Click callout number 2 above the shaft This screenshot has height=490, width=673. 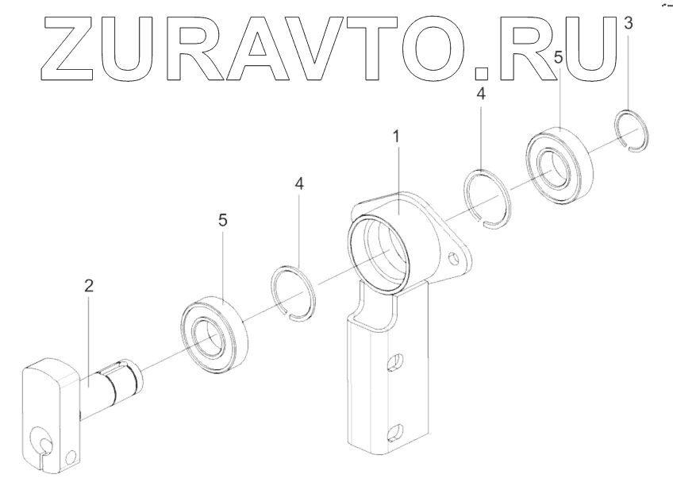click(x=89, y=287)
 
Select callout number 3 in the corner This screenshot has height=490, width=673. click(x=629, y=24)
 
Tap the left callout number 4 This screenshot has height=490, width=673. click(x=298, y=183)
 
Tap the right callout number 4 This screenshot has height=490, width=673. click(x=481, y=93)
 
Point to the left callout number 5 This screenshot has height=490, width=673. click(x=222, y=220)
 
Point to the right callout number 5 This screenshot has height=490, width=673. click(x=559, y=57)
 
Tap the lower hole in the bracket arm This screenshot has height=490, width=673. click(x=392, y=433)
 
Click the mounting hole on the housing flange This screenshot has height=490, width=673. click(x=455, y=259)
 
